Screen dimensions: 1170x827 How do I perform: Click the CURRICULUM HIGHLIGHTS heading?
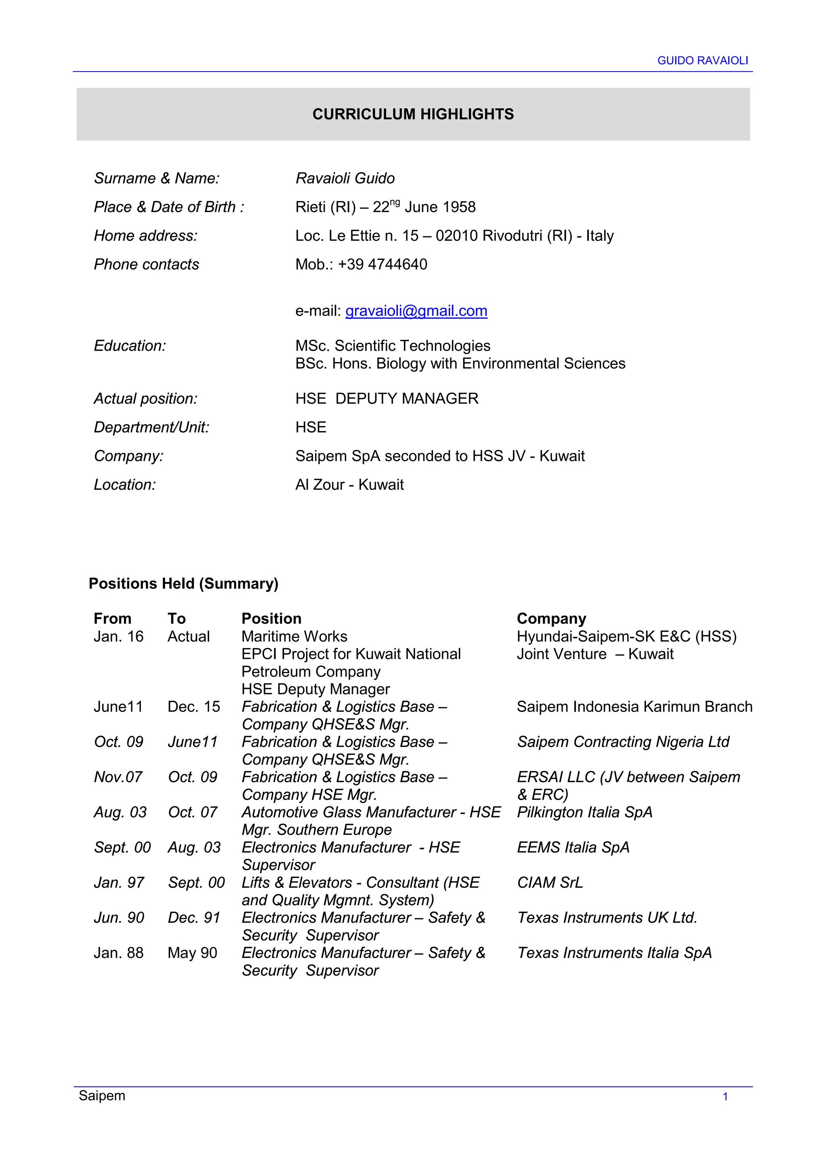pyautogui.click(x=413, y=114)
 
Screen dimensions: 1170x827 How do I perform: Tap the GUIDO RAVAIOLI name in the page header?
pyautogui.click(x=702, y=61)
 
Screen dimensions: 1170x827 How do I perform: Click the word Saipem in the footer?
pyautogui.click(x=102, y=1096)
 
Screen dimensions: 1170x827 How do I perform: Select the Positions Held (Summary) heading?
pyautogui.click(x=183, y=583)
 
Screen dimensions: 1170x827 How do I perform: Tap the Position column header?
pyautogui.click(x=271, y=619)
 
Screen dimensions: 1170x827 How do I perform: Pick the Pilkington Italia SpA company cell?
pyautogui.click(x=585, y=812)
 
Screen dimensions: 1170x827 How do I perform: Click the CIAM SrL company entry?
pyautogui.click(x=550, y=883)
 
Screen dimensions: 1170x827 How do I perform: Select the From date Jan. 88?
pyautogui.click(x=119, y=953)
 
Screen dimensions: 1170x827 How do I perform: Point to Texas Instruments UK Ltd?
pyautogui.click(x=607, y=918)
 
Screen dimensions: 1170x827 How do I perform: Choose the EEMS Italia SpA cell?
pyautogui.click(x=573, y=848)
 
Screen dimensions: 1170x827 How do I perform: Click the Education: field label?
pyautogui.click(x=130, y=346)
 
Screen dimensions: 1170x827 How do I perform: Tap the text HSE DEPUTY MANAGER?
pyautogui.click(x=386, y=398)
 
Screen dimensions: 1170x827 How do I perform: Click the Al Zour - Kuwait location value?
pyautogui.click(x=349, y=485)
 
